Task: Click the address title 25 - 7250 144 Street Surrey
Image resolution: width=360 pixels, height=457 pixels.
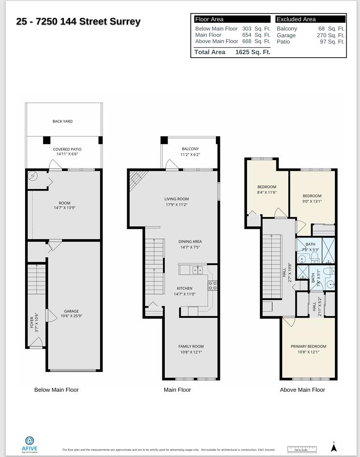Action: point(78,22)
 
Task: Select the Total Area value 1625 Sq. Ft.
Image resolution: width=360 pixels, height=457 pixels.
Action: point(253,52)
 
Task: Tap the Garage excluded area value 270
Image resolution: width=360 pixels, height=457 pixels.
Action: point(322,35)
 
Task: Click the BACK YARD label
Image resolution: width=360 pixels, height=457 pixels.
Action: point(62,121)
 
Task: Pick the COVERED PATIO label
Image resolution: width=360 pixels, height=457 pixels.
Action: point(67,149)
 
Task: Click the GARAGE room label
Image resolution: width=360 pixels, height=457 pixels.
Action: point(71,311)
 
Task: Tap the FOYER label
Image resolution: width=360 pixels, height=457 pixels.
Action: point(32,323)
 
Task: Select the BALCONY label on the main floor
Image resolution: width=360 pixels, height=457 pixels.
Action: point(190,149)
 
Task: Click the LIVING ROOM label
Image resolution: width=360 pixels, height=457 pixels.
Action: point(176,199)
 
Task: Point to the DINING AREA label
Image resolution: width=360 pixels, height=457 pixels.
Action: point(190,241)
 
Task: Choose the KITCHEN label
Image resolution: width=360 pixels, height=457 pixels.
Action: point(184,289)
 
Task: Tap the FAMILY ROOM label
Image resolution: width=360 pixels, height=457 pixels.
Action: point(191,346)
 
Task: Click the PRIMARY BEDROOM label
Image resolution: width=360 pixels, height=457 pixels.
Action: point(308,346)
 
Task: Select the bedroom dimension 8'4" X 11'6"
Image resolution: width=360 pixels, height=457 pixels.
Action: point(267,192)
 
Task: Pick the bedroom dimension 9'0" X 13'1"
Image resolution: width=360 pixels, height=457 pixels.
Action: point(312,202)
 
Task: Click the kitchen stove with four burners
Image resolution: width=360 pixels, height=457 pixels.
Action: point(213,285)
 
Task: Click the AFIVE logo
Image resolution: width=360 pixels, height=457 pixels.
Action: point(29,443)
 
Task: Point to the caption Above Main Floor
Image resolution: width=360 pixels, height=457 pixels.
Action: point(302,390)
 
